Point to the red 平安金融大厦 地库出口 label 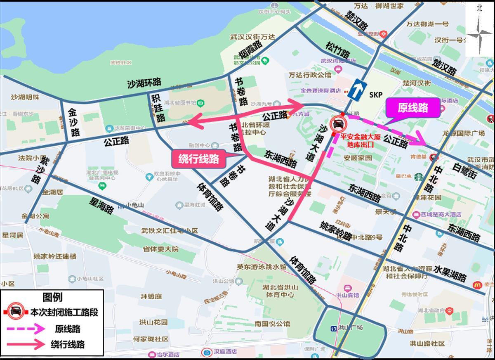pyautogui.click(x=358, y=140)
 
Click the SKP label pyautogui.click(x=376, y=95)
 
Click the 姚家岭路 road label pyautogui.click(x=336, y=231)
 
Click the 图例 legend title pyautogui.click(x=52, y=297)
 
